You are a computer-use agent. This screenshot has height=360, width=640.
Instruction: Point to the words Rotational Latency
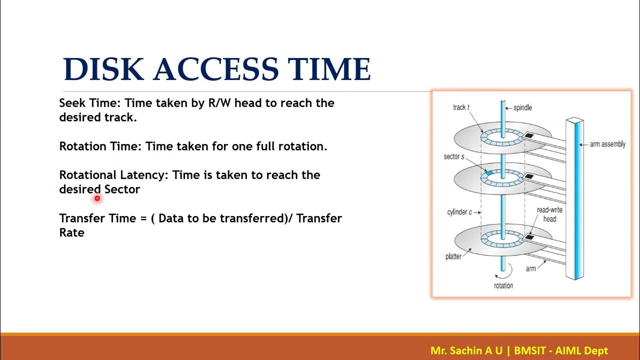pos(114,175)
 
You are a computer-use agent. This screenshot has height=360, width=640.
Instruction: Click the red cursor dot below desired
pos(97,198)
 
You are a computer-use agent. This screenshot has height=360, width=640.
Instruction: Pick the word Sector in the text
pos(122,189)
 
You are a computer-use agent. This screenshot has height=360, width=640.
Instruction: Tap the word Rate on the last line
pos(71,233)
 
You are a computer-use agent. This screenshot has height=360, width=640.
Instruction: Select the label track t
pos(459,107)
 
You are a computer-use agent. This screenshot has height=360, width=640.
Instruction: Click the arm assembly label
pos(607,144)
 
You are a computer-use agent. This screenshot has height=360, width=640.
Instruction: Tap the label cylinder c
pos(459,212)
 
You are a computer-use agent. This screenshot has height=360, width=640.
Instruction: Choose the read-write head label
pos(549,214)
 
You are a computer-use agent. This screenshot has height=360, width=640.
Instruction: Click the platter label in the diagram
pos(453,257)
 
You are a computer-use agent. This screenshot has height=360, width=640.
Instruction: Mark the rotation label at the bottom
pos(503,285)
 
